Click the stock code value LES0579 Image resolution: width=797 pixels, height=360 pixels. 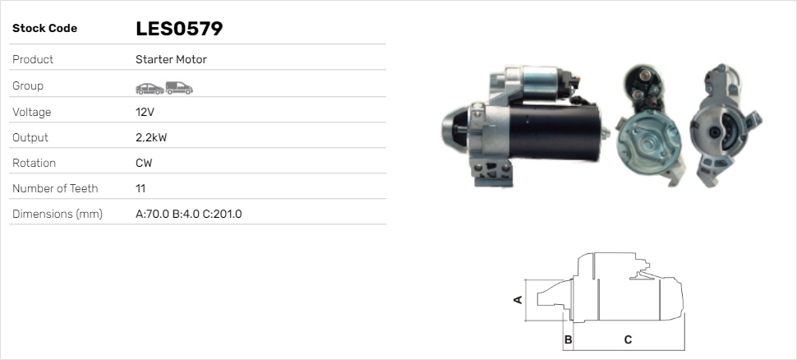(179, 29)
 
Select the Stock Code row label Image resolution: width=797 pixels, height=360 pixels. (44, 29)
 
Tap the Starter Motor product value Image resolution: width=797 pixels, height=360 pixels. (171, 59)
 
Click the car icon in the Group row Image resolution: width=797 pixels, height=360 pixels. (150, 89)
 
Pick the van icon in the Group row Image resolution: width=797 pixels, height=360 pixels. (179, 88)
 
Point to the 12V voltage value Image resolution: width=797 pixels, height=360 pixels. (145, 112)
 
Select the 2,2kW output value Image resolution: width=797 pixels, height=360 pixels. (151, 138)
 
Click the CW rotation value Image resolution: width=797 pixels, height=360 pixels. (144, 164)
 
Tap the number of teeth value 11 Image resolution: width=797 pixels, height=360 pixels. (141, 189)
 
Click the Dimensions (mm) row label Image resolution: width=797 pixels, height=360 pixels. (58, 214)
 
